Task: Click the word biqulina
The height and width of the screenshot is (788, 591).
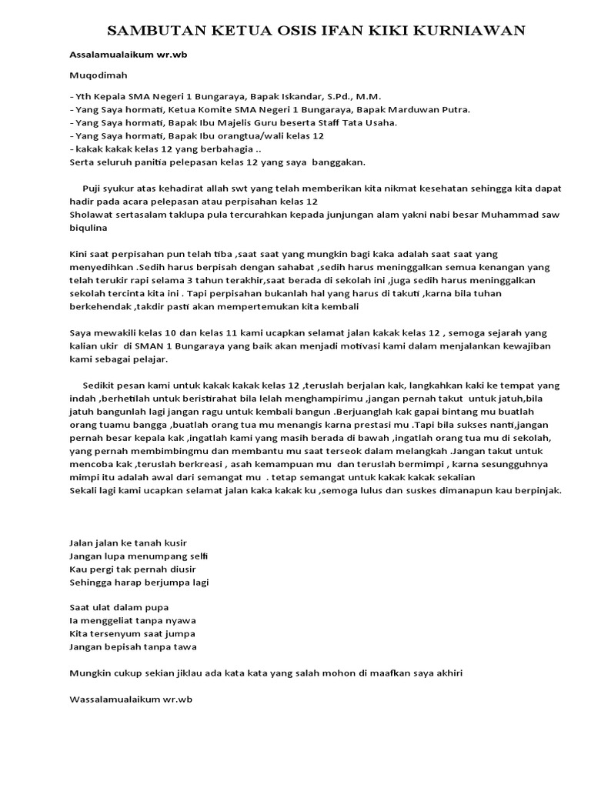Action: (89, 229)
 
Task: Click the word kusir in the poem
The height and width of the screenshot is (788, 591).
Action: (170, 543)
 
